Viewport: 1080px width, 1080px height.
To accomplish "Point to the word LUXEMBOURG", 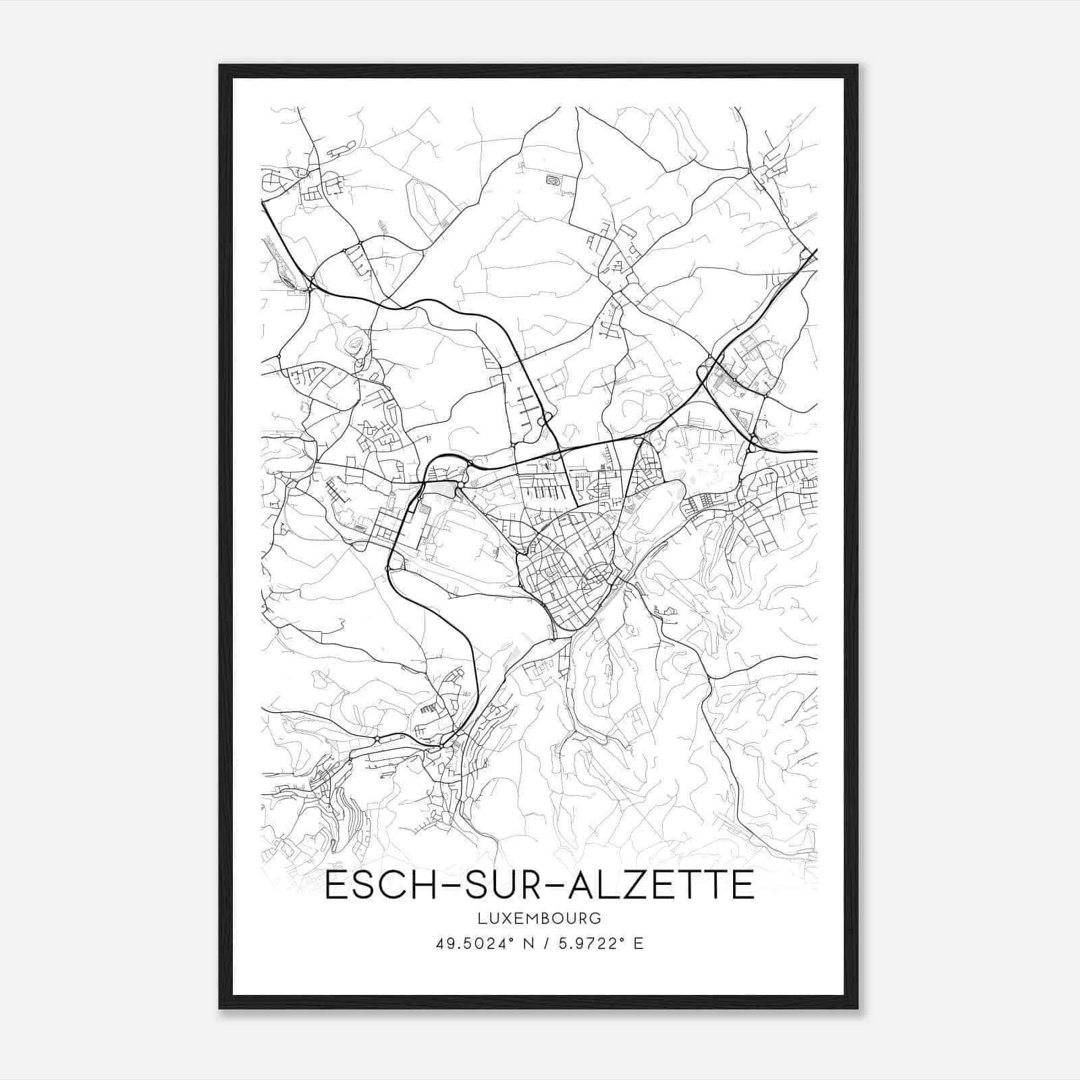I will click(539, 918).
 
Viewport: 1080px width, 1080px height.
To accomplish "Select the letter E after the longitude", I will click(639, 943).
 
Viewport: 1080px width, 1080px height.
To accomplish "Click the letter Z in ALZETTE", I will click(633, 886).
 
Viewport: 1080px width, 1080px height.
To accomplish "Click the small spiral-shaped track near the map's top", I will click(553, 180).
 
